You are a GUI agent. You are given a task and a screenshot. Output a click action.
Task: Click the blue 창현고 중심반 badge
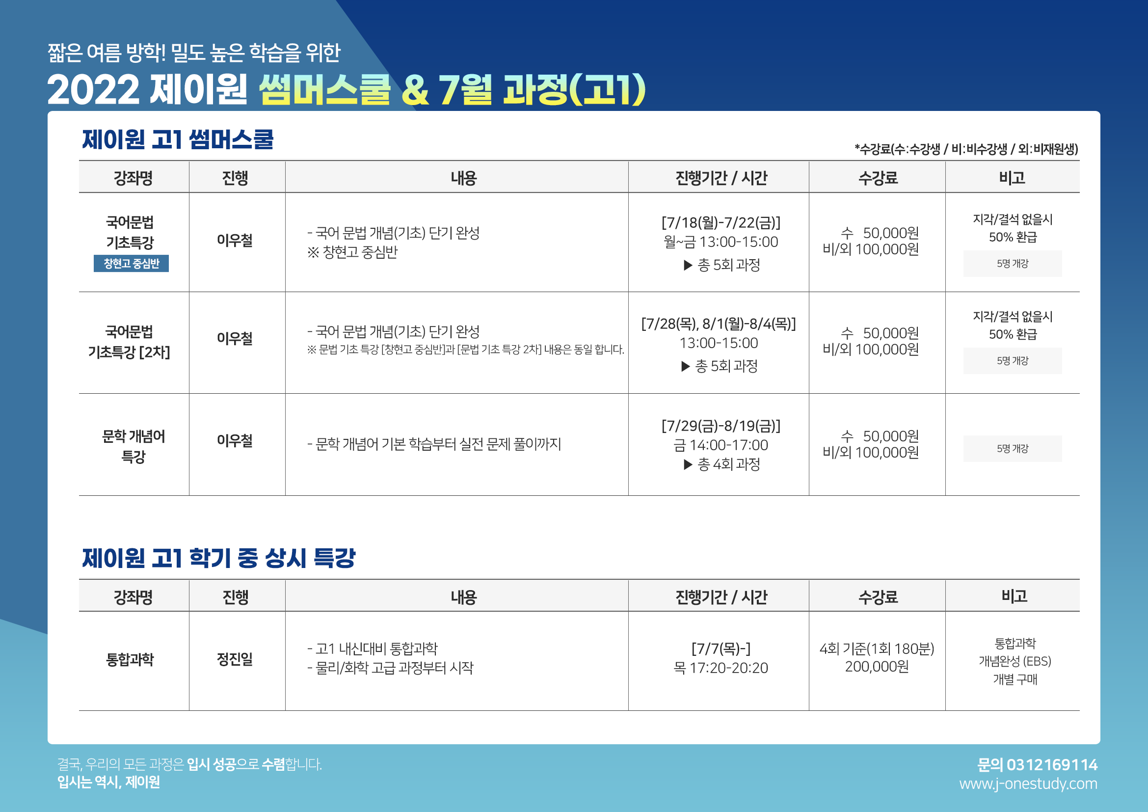click(x=131, y=264)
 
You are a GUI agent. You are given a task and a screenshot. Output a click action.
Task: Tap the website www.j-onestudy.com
click(x=1028, y=784)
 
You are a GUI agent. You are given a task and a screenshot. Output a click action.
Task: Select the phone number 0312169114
click(x=1052, y=764)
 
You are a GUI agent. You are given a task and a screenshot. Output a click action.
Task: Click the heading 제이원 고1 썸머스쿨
click(x=178, y=139)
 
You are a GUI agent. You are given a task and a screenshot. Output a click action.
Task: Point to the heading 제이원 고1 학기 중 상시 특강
click(x=218, y=558)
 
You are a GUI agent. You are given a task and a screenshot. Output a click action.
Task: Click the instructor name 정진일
click(x=235, y=659)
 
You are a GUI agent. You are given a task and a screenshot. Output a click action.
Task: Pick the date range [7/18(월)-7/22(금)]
click(x=721, y=222)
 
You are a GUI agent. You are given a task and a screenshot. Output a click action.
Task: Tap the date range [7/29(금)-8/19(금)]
click(x=721, y=426)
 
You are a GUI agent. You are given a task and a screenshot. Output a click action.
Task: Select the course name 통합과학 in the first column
click(x=130, y=659)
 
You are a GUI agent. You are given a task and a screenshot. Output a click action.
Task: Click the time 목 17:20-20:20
click(x=721, y=668)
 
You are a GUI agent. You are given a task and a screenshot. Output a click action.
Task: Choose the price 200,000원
click(x=877, y=667)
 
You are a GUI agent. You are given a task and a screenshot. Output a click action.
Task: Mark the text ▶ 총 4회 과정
click(x=721, y=464)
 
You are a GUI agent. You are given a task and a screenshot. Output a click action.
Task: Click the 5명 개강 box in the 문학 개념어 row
click(x=1013, y=449)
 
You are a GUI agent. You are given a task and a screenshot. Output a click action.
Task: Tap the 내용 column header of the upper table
click(x=463, y=178)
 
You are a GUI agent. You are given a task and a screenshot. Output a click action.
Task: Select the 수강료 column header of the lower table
click(x=878, y=597)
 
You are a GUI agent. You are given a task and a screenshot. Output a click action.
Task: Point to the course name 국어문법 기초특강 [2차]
click(x=129, y=342)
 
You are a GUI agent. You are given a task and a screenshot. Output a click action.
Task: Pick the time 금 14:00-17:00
click(x=721, y=445)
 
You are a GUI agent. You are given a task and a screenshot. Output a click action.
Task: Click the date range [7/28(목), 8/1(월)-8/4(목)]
click(x=719, y=324)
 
